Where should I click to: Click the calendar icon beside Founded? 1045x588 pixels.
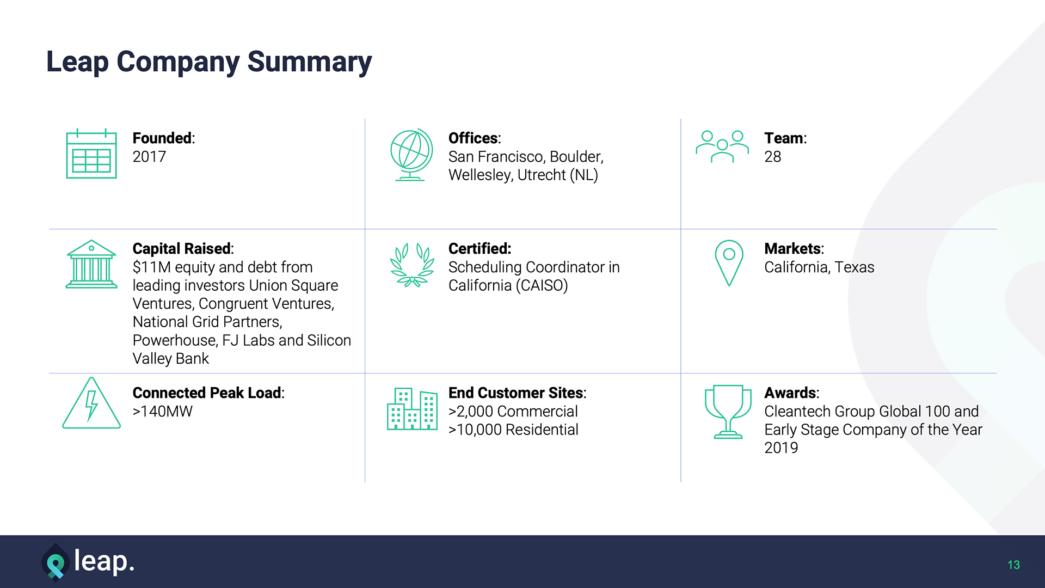(91, 154)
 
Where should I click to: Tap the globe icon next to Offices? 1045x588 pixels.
(411, 155)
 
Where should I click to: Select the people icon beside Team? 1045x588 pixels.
(722, 146)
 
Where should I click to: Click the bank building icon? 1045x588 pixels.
(91, 264)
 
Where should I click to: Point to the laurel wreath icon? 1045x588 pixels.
(412, 265)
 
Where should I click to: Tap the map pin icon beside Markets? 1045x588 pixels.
(729, 263)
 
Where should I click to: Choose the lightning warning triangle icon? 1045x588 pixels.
(91, 403)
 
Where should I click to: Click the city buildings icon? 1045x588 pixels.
(412, 409)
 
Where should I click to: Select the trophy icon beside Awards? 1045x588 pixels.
(728, 412)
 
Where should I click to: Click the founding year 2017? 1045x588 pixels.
(149, 157)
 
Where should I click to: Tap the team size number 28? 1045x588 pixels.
(772, 157)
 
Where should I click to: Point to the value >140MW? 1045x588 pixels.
(162, 412)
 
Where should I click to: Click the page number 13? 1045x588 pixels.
(1013, 565)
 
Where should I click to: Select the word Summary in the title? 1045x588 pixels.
(309, 62)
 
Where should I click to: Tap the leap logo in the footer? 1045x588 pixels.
(88, 562)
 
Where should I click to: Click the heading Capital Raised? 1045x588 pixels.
(183, 249)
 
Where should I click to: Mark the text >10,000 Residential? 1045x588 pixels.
(513, 430)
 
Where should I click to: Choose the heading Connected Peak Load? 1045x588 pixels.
(208, 393)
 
